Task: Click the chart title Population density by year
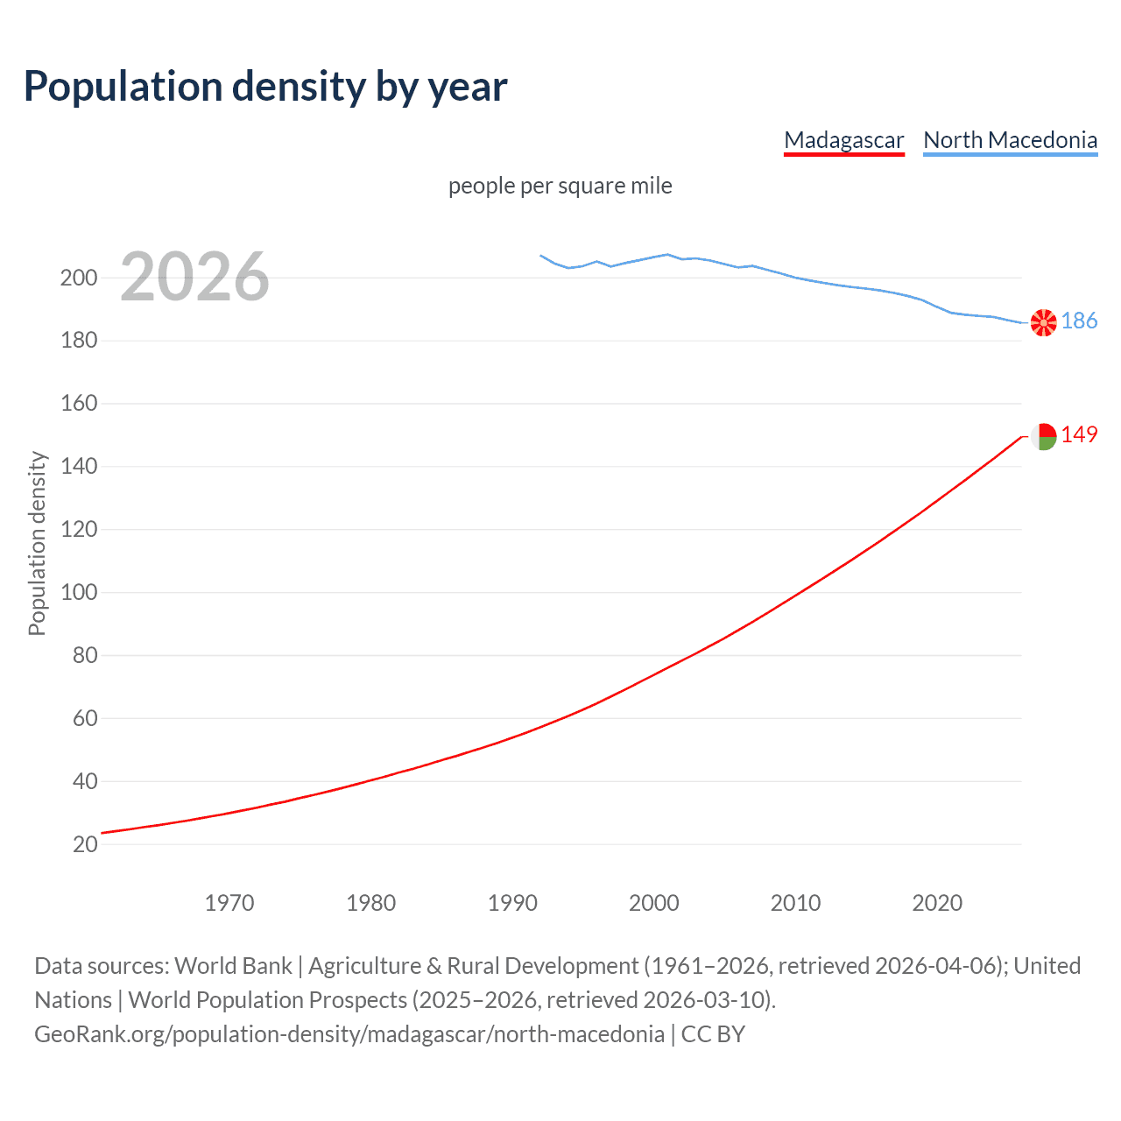point(265,87)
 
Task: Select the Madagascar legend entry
point(843,140)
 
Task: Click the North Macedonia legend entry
point(1010,140)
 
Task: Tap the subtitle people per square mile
point(560,187)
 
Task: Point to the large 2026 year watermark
point(194,277)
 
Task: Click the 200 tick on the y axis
point(79,278)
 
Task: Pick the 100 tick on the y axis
point(79,592)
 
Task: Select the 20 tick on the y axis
point(85,844)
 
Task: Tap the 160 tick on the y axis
point(79,404)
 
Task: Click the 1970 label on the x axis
point(229,903)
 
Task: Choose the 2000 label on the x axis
point(653,903)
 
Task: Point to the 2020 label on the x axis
point(937,903)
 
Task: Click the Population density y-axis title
point(37,543)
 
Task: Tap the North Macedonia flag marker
point(1043,322)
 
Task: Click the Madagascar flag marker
point(1043,436)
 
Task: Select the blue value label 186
point(1079,321)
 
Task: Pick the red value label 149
point(1079,435)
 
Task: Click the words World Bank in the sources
point(233,966)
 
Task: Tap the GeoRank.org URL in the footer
point(349,1034)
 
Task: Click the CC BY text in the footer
point(713,1034)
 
